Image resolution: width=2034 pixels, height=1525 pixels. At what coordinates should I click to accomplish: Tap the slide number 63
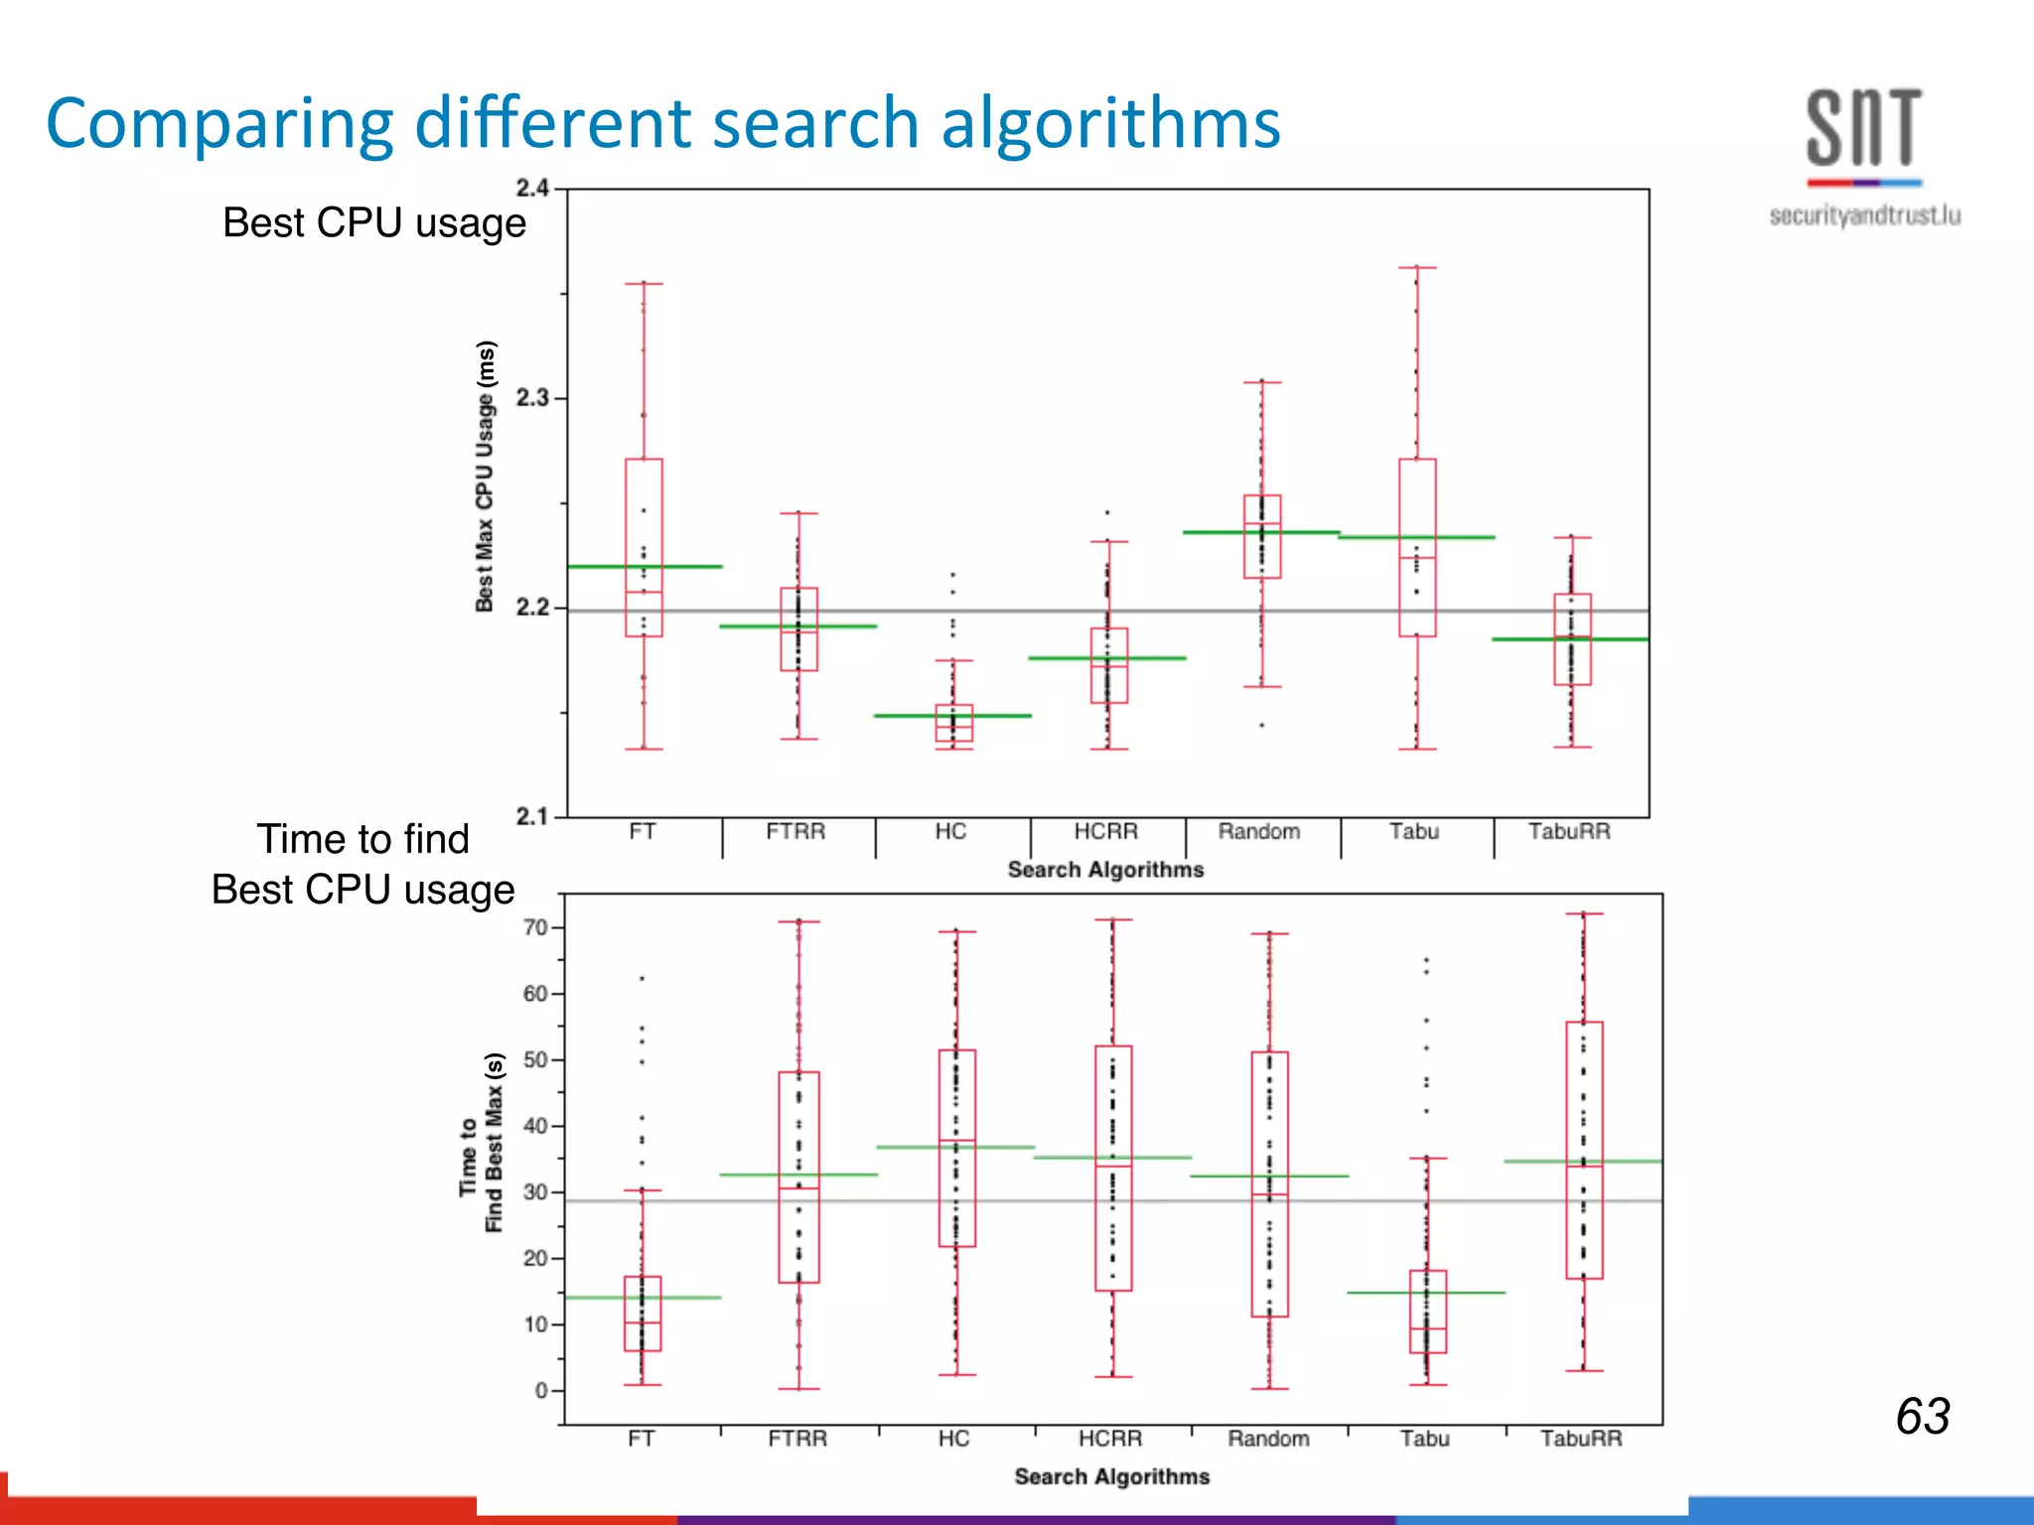[1922, 1416]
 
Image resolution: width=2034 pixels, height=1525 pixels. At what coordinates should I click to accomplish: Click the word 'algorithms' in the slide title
[1110, 123]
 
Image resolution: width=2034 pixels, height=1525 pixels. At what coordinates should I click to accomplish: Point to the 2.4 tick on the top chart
[532, 188]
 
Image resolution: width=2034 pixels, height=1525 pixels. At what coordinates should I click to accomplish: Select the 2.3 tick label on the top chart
[532, 398]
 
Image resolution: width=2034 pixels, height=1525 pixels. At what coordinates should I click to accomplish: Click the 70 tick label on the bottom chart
[536, 927]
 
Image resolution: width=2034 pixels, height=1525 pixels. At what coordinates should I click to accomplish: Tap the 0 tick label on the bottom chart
[542, 1390]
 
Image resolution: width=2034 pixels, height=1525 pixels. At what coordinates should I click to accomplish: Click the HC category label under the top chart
[950, 832]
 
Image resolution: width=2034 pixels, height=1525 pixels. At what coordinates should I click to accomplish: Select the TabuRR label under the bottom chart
[1581, 1439]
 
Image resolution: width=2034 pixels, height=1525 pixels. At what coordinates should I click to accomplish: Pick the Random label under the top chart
[1259, 832]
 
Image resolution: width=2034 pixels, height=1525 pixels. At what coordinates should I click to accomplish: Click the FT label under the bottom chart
[642, 1439]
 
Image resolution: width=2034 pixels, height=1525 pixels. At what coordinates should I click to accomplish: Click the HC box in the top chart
[954, 724]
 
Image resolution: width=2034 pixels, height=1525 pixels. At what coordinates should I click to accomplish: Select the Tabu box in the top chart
[1417, 546]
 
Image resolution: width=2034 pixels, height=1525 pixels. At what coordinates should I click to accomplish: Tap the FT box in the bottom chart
[643, 1313]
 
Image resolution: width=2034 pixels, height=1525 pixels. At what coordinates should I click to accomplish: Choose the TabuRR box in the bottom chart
[1584, 1150]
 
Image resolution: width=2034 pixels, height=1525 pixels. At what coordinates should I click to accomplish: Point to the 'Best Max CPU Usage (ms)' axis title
[485, 476]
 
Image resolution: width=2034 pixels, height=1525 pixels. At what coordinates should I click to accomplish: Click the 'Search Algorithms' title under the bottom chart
[1111, 1476]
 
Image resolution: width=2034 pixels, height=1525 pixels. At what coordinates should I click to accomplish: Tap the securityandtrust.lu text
[1864, 215]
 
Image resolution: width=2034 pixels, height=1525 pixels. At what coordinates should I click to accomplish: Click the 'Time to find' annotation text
[363, 839]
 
